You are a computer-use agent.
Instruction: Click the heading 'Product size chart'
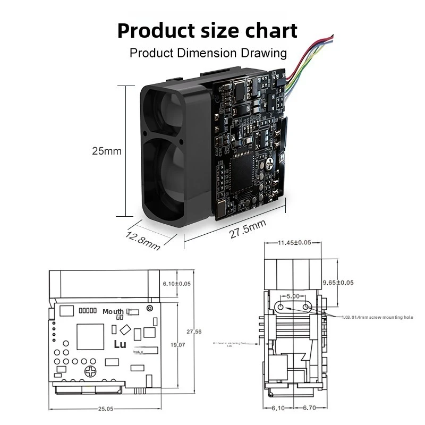click(207, 30)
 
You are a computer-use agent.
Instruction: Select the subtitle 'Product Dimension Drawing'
click(208, 53)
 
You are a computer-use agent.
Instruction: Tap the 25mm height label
click(107, 151)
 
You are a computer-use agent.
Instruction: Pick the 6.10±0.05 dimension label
click(176, 284)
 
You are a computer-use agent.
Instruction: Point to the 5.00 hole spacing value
click(293, 296)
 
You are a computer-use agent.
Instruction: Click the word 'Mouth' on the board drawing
click(113, 312)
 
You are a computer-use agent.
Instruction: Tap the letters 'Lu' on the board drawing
click(120, 344)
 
